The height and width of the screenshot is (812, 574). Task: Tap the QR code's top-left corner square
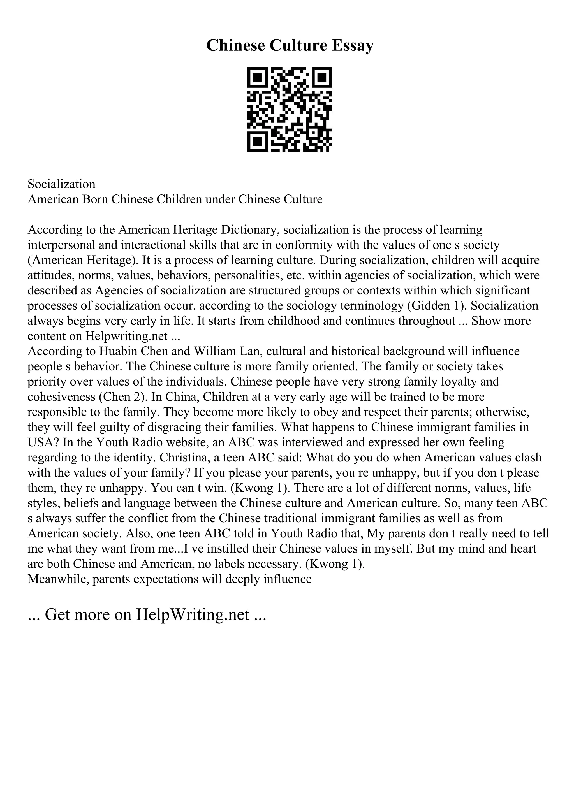pos(257,77)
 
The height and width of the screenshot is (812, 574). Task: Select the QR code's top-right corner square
pos(322,77)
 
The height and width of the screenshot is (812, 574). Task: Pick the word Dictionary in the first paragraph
pos(250,230)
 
